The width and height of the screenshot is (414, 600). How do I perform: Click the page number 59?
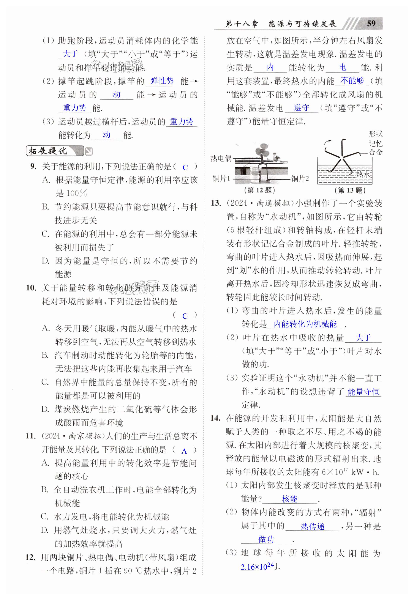click(371, 23)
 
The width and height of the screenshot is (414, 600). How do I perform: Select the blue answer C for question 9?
click(185, 167)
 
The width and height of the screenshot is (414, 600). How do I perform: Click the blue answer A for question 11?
click(184, 451)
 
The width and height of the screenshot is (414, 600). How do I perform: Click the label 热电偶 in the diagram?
click(221, 158)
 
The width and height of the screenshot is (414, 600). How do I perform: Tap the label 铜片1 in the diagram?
click(221, 179)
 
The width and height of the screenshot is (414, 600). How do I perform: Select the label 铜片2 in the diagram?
click(300, 179)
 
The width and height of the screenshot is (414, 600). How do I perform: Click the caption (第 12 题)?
click(259, 190)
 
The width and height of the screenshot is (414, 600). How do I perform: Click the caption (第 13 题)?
click(350, 191)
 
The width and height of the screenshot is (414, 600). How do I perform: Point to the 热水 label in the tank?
click(363, 174)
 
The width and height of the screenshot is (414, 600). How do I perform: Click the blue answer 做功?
click(266, 539)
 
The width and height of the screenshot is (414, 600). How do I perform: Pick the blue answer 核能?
click(290, 499)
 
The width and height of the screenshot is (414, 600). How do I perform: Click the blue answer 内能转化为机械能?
click(305, 324)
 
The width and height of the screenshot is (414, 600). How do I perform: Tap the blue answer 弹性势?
click(162, 81)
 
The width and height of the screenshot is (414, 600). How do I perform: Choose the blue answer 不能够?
click(352, 81)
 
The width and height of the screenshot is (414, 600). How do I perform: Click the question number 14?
click(215, 418)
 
